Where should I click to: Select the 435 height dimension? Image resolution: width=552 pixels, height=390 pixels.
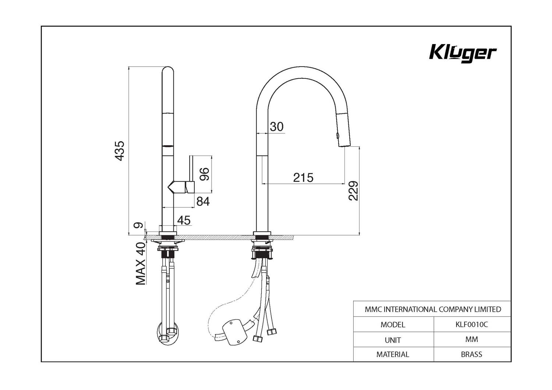[x=120, y=151]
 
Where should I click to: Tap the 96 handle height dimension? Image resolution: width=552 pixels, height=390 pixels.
[x=204, y=174]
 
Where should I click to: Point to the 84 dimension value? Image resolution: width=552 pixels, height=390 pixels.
[x=203, y=201]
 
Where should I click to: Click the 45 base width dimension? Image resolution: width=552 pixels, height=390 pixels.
[x=184, y=220]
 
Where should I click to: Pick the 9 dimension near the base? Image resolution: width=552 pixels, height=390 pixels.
[x=138, y=225]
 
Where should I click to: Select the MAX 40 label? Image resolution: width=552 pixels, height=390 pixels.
[x=141, y=264]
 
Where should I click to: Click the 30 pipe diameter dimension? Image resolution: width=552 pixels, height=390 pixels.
[x=276, y=127]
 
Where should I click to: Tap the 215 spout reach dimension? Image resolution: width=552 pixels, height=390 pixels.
[x=303, y=178]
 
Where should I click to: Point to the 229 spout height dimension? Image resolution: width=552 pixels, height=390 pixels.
[x=353, y=191]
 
